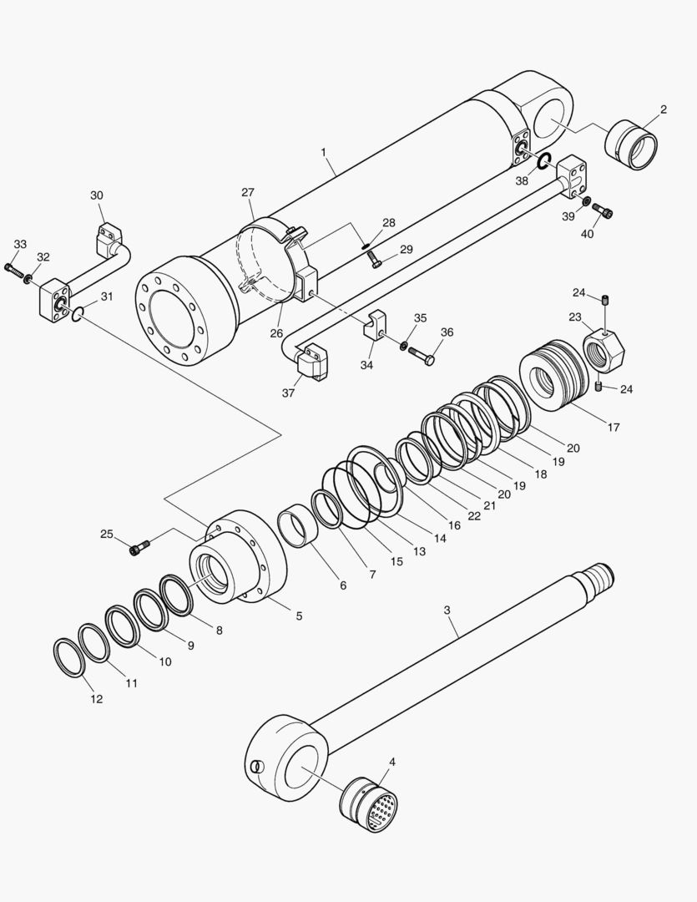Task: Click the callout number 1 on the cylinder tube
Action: pyautogui.click(x=323, y=154)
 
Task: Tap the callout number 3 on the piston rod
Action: pyautogui.click(x=447, y=611)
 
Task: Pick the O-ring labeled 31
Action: pyautogui.click(x=76, y=314)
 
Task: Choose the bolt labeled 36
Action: pyautogui.click(x=422, y=356)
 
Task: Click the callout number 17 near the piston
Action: pyautogui.click(x=614, y=428)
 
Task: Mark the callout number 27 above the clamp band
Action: pyautogui.click(x=248, y=192)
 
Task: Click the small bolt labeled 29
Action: pyautogui.click(x=374, y=259)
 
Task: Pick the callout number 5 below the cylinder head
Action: pyautogui.click(x=298, y=616)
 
